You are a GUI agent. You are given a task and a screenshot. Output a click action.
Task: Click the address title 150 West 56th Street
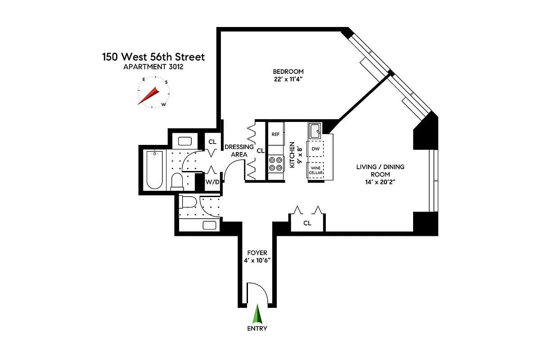pyautogui.click(x=153, y=57)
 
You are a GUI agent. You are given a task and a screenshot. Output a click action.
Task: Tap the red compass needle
pyautogui.click(x=149, y=96)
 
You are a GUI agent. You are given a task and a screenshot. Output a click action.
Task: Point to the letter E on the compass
pyautogui.click(x=144, y=79)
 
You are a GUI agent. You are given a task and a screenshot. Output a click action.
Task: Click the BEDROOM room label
pyautogui.click(x=288, y=72)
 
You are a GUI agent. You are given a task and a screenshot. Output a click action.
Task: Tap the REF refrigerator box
pyautogui.click(x=275, y=134)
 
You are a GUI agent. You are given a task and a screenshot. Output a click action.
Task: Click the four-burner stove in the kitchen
pyautogui.click(x=275, y=163)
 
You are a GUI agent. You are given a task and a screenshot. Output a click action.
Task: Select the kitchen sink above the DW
pyautogui.click(x=315, y=130)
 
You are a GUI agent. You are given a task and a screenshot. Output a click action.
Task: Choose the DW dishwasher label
pyautogui.click(x=315, y=148)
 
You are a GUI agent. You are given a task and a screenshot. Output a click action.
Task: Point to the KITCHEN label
pyautogui.click(x=292, y=155)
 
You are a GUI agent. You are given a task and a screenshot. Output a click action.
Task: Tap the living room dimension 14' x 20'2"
pyautogui.click(x=373, y=182)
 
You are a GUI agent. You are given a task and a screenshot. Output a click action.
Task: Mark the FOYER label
pyautogui.click(x=257, y=253)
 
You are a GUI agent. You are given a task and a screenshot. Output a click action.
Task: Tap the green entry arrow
pyautogui.click(x=257, y=314)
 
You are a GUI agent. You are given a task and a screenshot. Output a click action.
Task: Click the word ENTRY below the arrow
pyautogui.click(x=257, y=328)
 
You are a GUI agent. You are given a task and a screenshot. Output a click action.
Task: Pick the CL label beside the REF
pyautogui.click(x=260, y=151)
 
